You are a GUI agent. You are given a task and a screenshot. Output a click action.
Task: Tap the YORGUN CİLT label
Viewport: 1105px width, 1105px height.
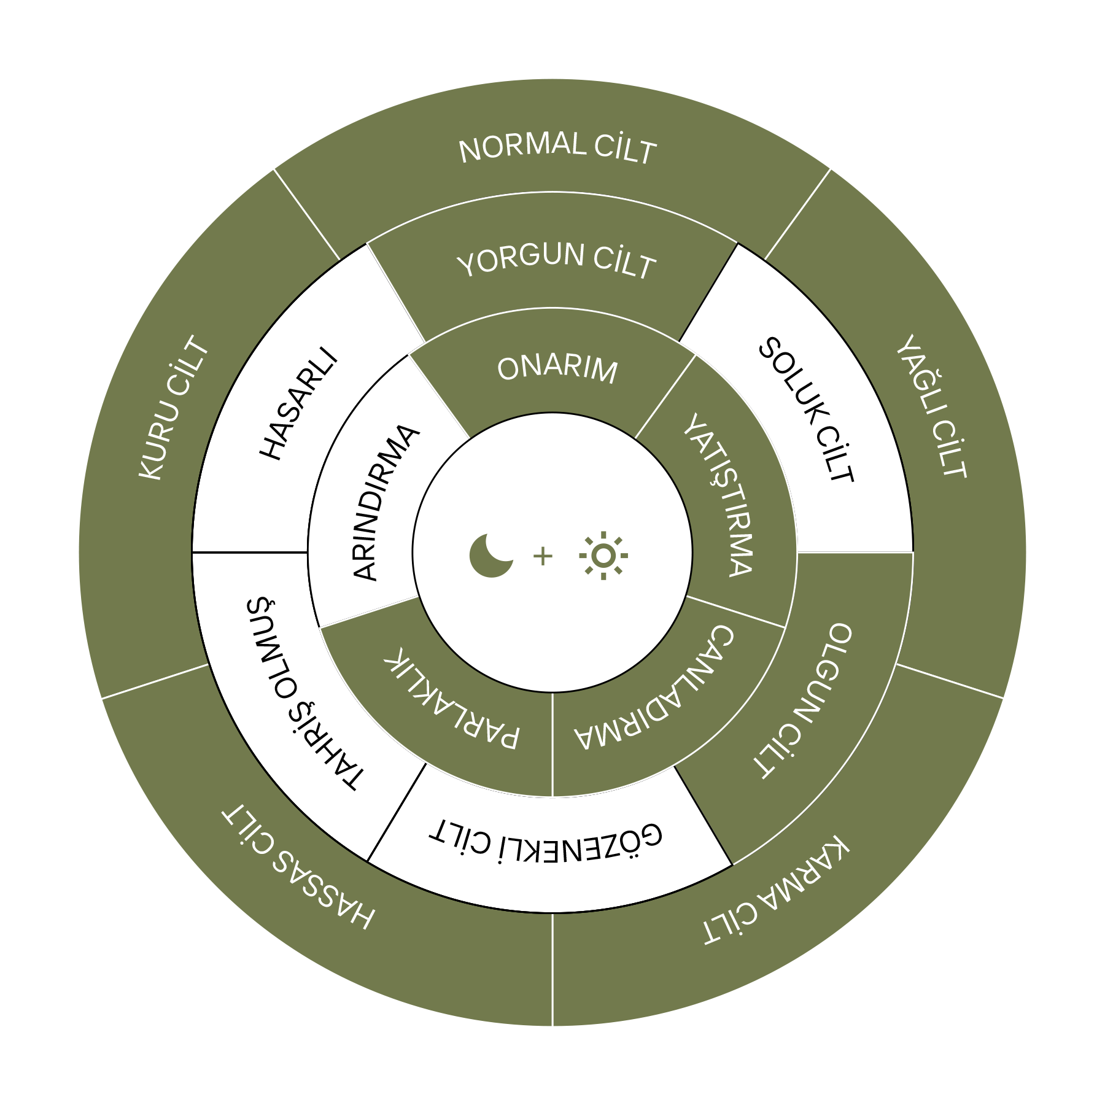(x=556, y=260)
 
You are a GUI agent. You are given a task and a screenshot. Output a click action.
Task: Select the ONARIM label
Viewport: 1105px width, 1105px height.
(x=557, y=370)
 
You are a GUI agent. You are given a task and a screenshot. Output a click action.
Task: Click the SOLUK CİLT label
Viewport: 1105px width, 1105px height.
(x=806, y=410)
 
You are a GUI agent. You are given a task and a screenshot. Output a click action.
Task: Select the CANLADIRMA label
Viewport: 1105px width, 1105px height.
(x=654, y=689)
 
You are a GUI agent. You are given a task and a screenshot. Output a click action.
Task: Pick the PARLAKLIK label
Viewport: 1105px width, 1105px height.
(x=452, y=698)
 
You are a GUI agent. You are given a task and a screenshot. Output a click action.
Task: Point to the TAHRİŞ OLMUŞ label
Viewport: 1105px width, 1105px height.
(x=305, y=693)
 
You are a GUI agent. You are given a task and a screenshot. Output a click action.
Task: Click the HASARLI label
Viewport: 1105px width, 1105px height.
(x=299, y=404)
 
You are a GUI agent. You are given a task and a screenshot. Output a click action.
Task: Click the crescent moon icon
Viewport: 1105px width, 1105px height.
(x=490, y=556)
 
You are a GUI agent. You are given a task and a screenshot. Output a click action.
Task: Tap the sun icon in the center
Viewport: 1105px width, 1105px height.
(x=603, y=556)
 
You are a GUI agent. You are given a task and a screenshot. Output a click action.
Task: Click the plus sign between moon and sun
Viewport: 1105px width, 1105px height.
(x=543, y=556)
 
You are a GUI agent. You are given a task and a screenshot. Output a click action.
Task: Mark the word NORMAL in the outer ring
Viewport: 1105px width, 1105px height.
(x=522, y=147)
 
